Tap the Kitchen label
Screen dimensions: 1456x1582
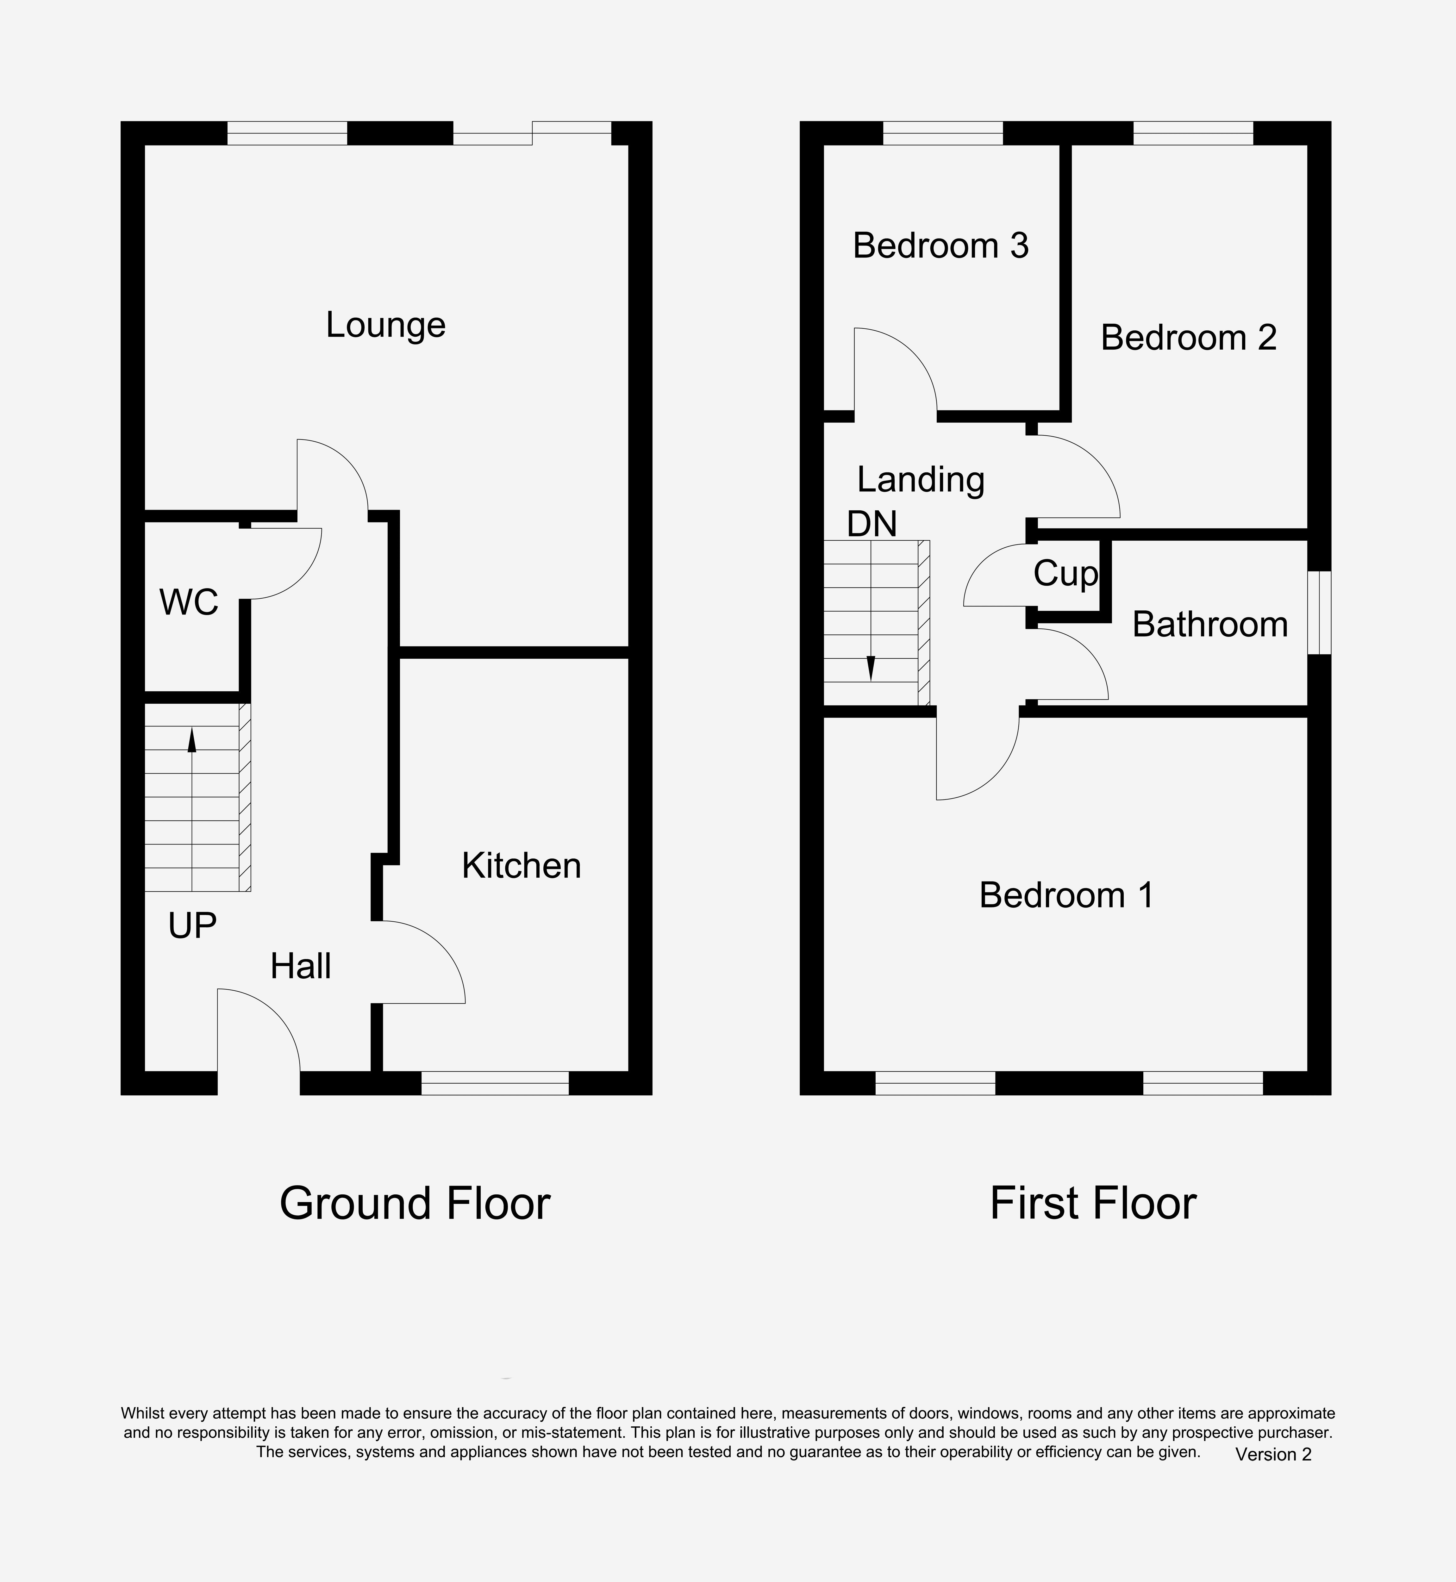tap(522, 866)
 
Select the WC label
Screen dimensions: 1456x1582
tap(189, 603)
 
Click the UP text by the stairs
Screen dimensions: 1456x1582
tap(192, 926)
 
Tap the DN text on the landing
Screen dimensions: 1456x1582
tap(872, 524)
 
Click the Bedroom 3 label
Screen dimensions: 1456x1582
tap(941, 246)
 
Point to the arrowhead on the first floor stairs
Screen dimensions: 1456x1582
tap(871, 669)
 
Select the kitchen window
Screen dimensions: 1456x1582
tap(495, 1083)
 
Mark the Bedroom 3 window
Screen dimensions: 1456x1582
tap(943, 133)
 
